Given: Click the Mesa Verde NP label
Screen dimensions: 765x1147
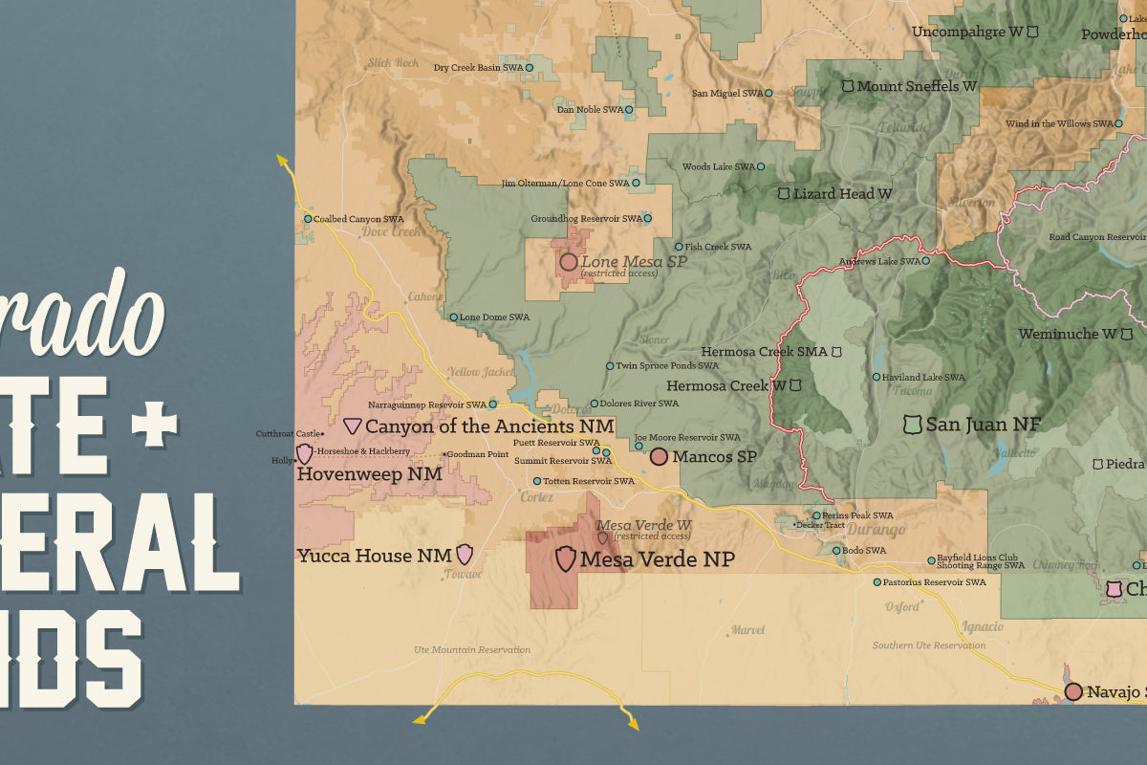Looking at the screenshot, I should coord(658,559).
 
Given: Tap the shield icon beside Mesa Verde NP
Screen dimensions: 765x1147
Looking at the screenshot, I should coord(566,558).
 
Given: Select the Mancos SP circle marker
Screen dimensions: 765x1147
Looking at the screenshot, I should coord(659,457).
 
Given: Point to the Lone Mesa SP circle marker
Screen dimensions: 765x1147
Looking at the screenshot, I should coord(569,262).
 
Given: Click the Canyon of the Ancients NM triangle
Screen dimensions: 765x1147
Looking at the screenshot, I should coord(353,426).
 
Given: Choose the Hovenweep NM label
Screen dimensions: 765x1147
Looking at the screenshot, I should coord(369,473).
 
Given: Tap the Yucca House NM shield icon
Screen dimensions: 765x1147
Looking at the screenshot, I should coord(465,554).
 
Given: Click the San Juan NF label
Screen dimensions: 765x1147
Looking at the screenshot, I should coord(984,424).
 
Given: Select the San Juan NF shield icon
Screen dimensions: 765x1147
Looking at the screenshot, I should coord(913,423).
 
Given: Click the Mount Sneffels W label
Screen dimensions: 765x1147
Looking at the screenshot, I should coord(917,86).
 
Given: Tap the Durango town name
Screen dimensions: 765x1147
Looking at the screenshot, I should coord(877,530).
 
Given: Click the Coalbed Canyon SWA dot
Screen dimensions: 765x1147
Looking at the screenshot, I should coord(308,219).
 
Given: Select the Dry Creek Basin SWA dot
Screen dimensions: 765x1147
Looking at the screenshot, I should coord(530,68).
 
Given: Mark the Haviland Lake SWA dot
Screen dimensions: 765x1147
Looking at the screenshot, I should coord(876,377).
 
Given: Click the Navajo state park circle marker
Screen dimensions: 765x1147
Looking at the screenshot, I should coord(1073,691).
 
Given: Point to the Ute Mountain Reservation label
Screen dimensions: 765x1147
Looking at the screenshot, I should coord(472,650).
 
